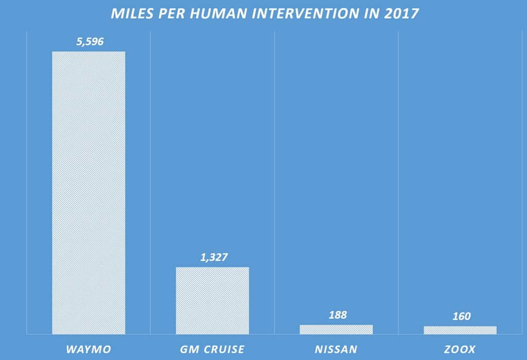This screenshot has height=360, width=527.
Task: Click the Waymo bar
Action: pos(89,193)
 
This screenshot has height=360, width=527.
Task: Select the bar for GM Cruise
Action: pos(212,300)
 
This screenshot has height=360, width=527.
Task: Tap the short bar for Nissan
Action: pos(336,329)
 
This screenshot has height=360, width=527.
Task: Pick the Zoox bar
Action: pos(460,330)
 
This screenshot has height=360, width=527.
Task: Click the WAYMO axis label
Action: pos(88,350)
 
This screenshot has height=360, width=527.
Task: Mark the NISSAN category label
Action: pos(336,350)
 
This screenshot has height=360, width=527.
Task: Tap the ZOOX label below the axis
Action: pos(460,350)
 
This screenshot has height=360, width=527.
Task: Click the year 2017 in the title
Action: pos(401,13)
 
